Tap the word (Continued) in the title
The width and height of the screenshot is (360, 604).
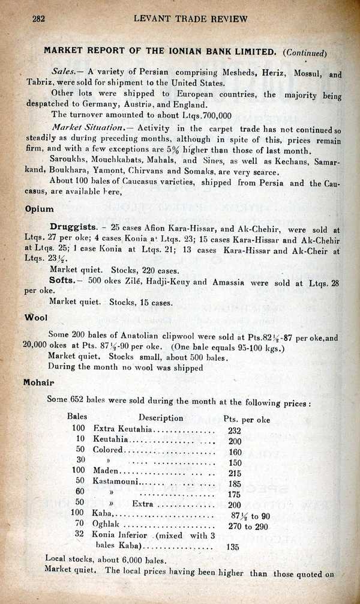[305, 52]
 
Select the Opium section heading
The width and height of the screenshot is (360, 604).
[40, 210]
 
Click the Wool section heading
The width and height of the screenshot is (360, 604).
[36, 318]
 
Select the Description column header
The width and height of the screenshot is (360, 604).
[161, 418]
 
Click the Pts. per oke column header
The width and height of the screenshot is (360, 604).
[246, 419]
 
